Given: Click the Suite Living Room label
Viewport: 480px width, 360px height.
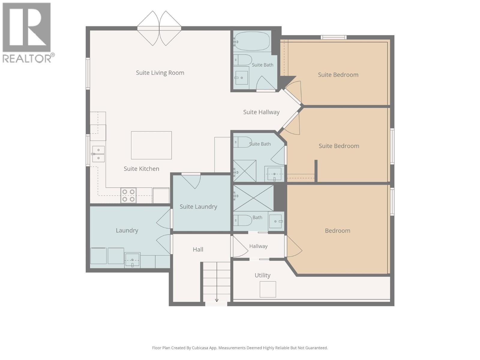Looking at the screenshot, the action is pyautogui.click(x=160, y=73).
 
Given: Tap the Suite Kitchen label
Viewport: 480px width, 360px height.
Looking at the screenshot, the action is pyautogui.click(x=141, y=169).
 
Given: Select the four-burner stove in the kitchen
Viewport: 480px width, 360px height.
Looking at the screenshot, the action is pyautogui.click(x=128, y=195).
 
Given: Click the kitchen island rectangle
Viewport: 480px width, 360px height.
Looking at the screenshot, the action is pyautogui.click(x=151, y=145).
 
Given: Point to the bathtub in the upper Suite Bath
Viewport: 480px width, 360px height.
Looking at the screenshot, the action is pyautogui.click(x=252, y=41).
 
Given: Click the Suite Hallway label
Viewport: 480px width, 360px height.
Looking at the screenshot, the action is pyautogui.click(x=261, y=112).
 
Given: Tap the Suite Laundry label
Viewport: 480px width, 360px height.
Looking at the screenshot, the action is pyautogui.click(x=198, y=207).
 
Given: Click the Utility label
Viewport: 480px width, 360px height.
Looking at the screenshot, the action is pyautogui.click(x=262, y=275).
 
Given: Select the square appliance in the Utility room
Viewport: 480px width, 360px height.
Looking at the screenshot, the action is pyautogui.click(x=268, y=289).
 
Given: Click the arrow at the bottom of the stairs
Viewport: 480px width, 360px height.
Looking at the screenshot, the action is pyautogui.click(x=217, y=300).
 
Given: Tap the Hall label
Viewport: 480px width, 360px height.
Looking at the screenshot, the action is pyautogui.click(x=198, y=249).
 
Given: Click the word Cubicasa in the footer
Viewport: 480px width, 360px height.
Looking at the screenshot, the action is pyautogui.click(x=199, y=348).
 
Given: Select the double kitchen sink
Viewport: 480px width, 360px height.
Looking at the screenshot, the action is pyautogui.click(x=98, y=154).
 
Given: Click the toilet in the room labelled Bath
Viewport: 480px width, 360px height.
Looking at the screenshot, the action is pyautogui.click(x=243, y=220).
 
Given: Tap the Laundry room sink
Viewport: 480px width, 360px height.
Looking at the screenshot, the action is pyautogui.click(x=132, y=260).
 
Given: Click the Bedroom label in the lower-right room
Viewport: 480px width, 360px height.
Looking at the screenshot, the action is pyautogui.click(x=337, y=231).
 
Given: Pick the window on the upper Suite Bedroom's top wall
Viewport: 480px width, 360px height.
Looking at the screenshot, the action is pyautogui.click(x=334, y=37).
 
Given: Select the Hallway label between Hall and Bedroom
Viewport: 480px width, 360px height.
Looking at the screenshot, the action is pyautogui.click(x=258, y=246).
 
